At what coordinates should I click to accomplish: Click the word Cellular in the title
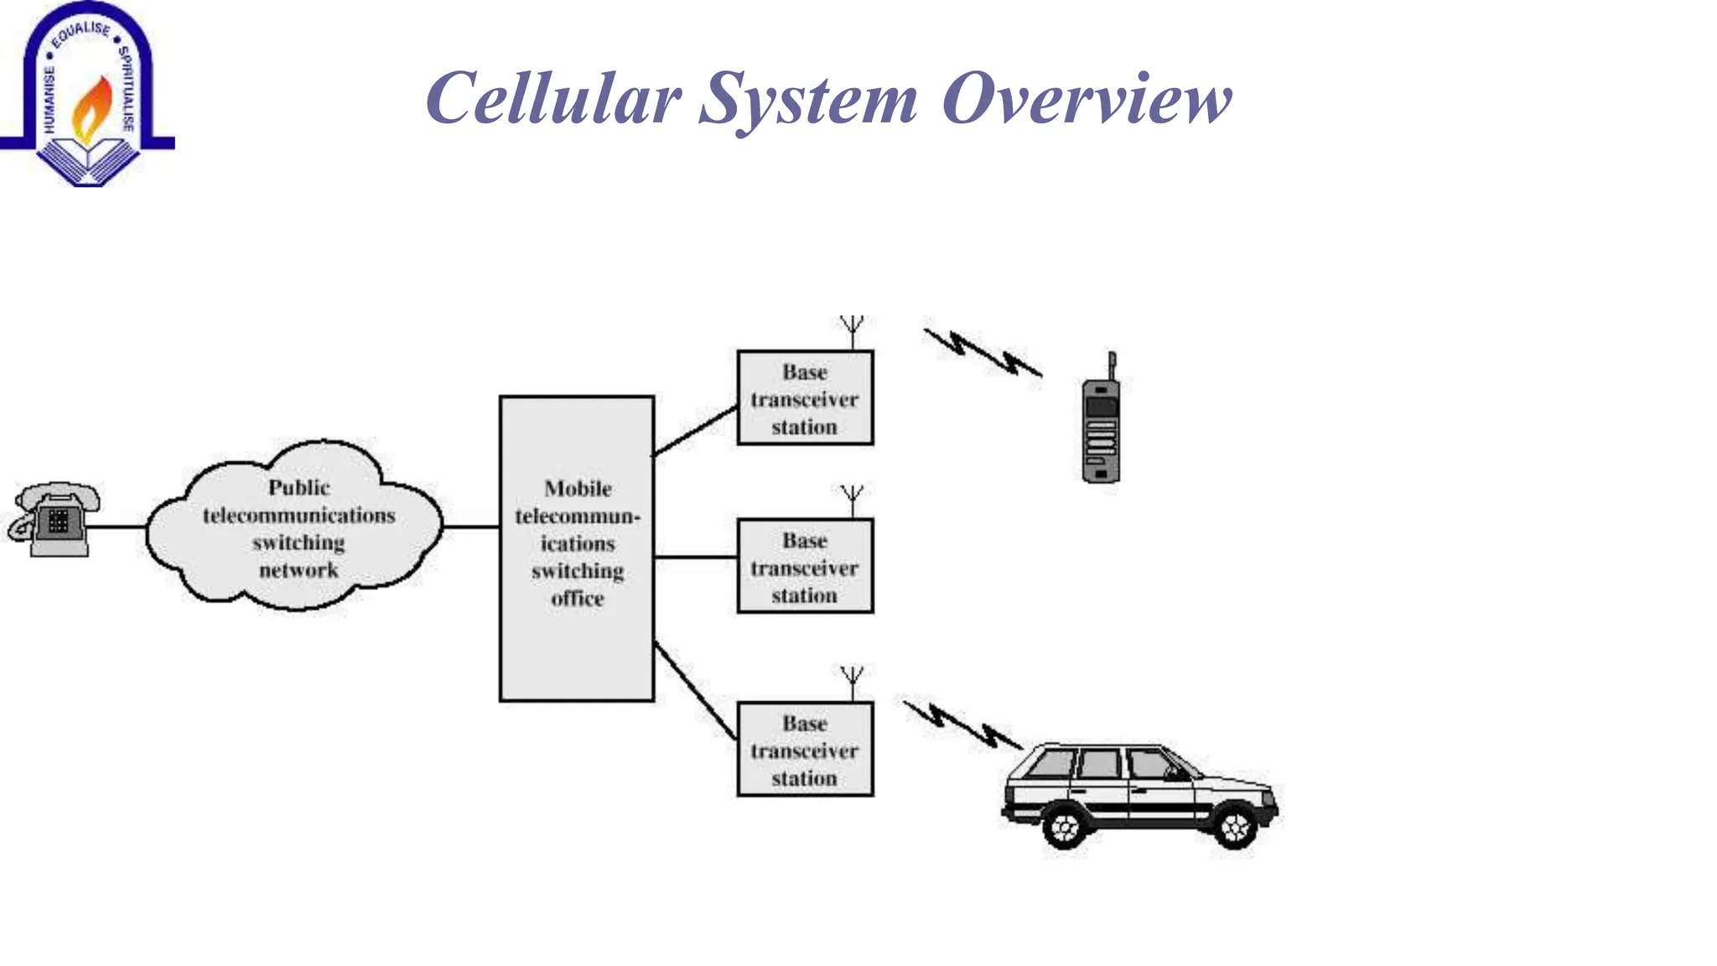click(552, 98)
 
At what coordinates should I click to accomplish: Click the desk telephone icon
click(55, 520)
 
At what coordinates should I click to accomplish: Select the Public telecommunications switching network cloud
click(298, 527)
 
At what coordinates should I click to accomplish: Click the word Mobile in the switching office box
click(578, 488)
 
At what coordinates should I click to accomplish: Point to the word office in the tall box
click(578, 599)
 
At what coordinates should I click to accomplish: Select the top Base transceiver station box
click(805, 398)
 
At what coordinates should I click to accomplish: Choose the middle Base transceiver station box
click(805, 567)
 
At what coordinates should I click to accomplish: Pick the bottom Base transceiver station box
click(805, 750)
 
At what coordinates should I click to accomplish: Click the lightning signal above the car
click(962, 724)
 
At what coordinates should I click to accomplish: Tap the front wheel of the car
click(1235, 827)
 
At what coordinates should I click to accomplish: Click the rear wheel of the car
click(1065, 827)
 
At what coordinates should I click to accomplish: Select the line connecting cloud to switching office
click(471, 527)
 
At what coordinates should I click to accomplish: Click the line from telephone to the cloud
click(117, 527)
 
